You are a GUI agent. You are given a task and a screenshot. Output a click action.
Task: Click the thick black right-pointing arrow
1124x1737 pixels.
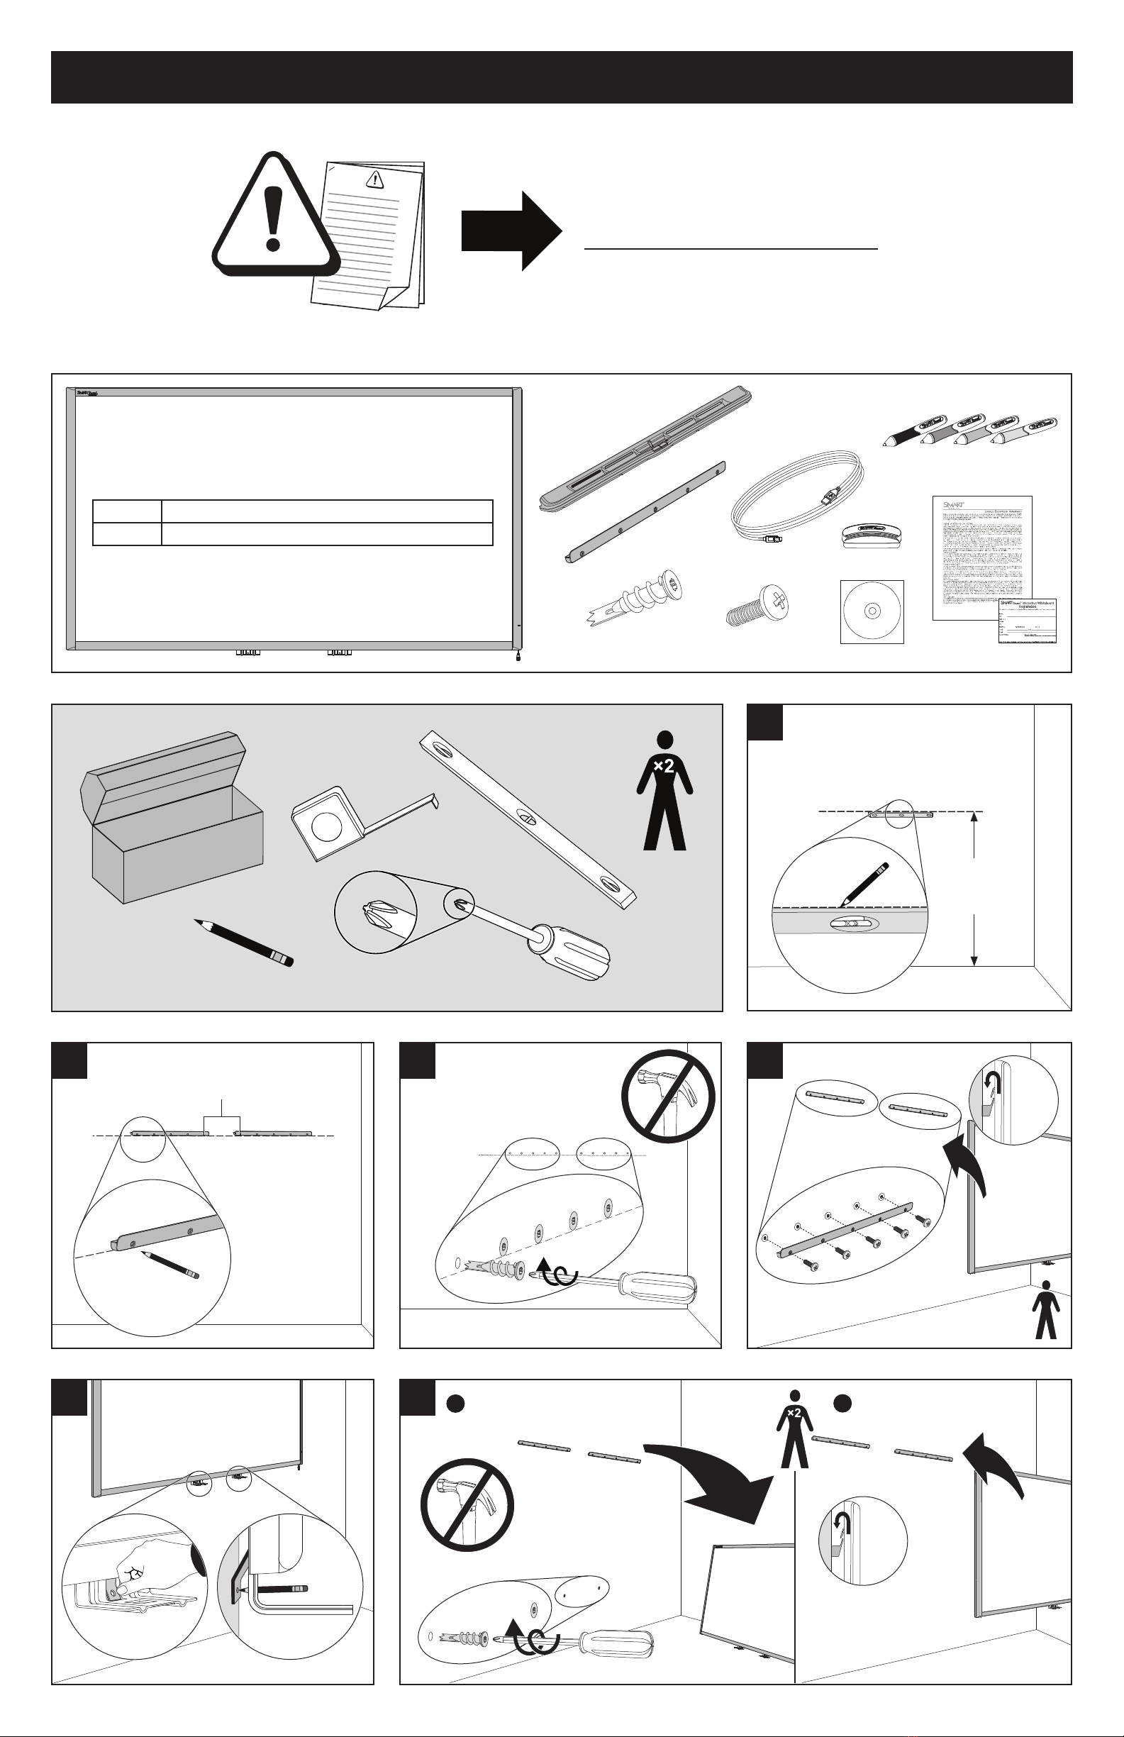[511, 231]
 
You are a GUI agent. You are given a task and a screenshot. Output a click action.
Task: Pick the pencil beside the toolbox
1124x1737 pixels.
[244, 941]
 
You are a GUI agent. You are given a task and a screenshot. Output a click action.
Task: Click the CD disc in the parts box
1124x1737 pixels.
[872, 611]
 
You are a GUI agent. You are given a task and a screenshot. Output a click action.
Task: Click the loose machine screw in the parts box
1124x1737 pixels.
[759, 605]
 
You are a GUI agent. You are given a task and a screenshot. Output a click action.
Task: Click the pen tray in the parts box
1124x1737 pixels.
[646, 447]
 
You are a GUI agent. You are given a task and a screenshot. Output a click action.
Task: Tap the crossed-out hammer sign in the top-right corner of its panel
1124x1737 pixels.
[667, 1098]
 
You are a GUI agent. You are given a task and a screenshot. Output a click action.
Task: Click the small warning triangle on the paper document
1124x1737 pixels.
[375, 179]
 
